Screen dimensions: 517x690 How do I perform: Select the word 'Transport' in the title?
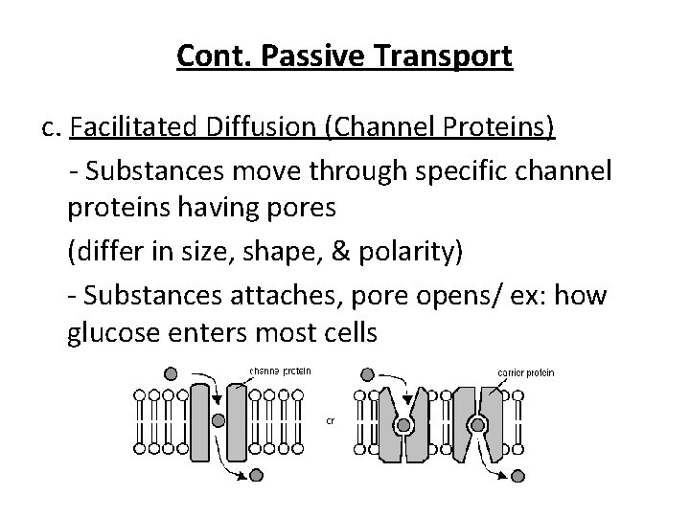pyautogui.click(x=451, y=56)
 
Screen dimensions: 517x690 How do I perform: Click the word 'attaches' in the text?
pyautogui.click(x=277, y=294)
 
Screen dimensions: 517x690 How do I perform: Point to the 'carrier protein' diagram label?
pyautogui.click(x=526, y=371)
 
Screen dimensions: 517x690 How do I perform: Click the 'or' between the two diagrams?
pyautogui.click(x=331, y=419)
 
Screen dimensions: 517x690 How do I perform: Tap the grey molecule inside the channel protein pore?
pyautogui.click(x=218, y=419)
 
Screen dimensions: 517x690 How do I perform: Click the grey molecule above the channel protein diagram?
pyautogui.click(x=171, y=373)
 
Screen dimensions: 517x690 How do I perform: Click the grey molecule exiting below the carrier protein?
pyautogui.click(x=517, y=475)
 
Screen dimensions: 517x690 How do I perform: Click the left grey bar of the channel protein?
pyautogui.click(x=199, y=421)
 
